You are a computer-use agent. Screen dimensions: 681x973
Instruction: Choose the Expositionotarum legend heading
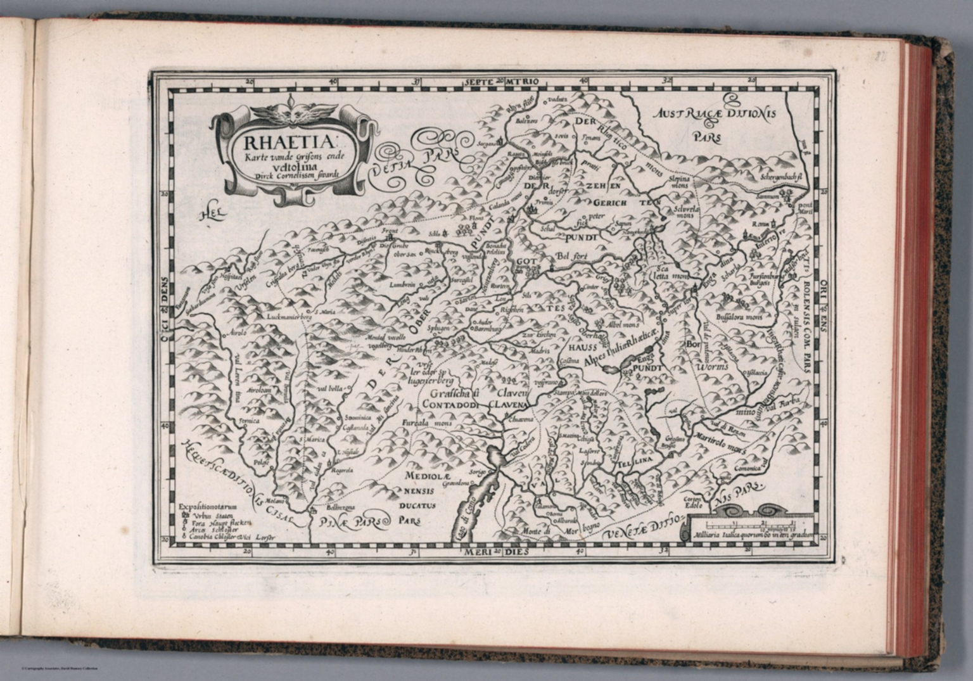(207, 507)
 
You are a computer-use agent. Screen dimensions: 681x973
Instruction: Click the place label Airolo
(239, 332)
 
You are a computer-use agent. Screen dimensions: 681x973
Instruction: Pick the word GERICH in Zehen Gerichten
(610, 203)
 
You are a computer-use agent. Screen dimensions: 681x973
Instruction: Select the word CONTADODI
(449, 404)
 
